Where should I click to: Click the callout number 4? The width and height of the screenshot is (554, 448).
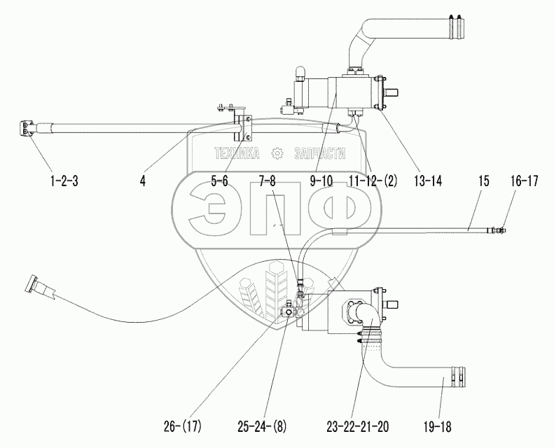click(143, 181)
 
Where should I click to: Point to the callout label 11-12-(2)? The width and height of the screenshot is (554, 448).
click(371, 181)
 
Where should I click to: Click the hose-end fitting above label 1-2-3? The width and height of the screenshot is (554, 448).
click(29, 129)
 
